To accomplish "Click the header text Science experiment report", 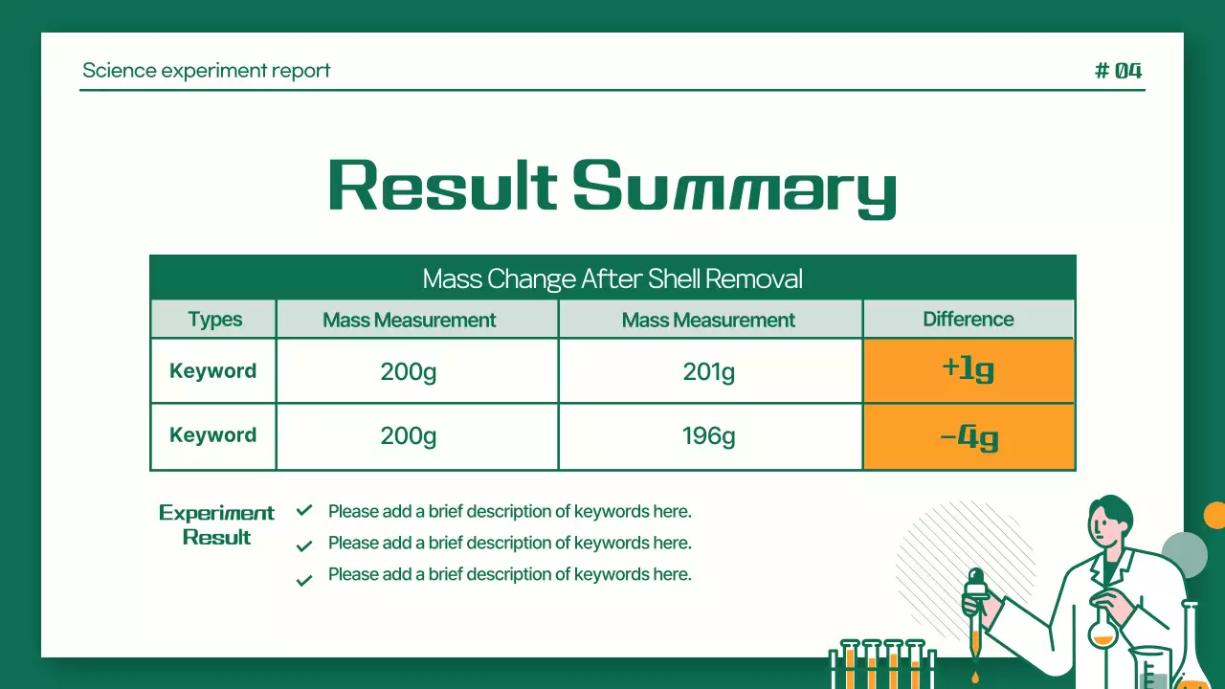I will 206,71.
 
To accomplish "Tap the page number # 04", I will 1118,71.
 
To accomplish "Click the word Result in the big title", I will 442,186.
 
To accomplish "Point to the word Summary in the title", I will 734,188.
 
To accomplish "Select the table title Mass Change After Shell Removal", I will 612,278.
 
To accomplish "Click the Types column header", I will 214,320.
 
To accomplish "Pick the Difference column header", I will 968,320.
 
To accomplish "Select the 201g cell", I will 709,371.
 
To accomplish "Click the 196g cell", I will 709,436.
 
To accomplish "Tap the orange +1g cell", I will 968,370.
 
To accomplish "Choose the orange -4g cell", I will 968,437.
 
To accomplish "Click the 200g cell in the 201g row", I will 409,371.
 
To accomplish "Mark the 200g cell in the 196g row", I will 409,436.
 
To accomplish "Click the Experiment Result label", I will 216,524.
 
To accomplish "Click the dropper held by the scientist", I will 975,612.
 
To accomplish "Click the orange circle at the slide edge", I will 1215,515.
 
